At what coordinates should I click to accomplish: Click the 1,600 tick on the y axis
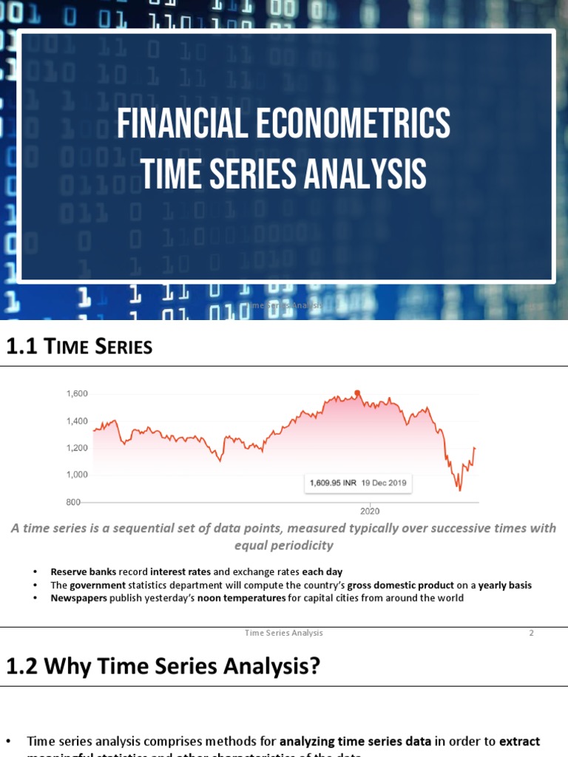click(x=77, y=394)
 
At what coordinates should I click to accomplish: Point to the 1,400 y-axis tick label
click(x=77, y=421)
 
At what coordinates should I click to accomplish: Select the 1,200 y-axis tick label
click(x=77, y=448)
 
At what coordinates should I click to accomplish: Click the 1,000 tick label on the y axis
click(x=77, y=475)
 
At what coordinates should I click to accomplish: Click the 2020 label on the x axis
click(x=370, y=511)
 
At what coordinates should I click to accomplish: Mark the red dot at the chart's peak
click(x=357, y=393)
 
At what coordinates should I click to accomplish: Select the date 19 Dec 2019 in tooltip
click(x=383, y=483)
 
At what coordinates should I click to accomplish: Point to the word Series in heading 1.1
click(x=123, y=346)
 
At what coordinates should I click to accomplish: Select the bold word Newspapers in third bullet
click(x=78, y=597)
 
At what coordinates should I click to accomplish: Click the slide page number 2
click(x=531, y=633)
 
